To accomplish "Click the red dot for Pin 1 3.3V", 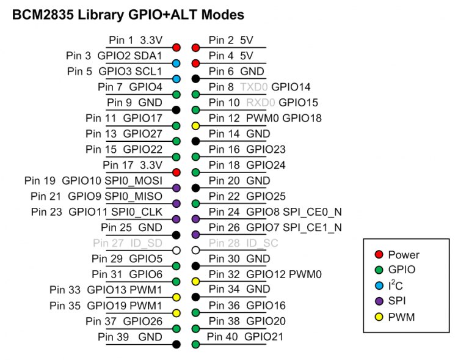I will [176, 47].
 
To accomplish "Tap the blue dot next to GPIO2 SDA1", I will [176, 63].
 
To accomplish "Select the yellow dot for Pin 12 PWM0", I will [196, 125].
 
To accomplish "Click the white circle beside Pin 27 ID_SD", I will [176, 251].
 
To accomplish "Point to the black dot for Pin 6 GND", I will [196, 78].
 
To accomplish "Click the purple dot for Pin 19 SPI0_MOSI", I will [176, 188].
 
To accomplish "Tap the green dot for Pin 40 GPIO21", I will [196, 344].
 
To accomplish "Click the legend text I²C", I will [395, 285].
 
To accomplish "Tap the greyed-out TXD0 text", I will [254, 87].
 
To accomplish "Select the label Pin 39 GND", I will [130, 337].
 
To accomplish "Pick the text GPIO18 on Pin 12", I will [302, 118].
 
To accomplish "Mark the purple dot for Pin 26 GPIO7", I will [196, 235].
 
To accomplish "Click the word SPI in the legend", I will [396, 300].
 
